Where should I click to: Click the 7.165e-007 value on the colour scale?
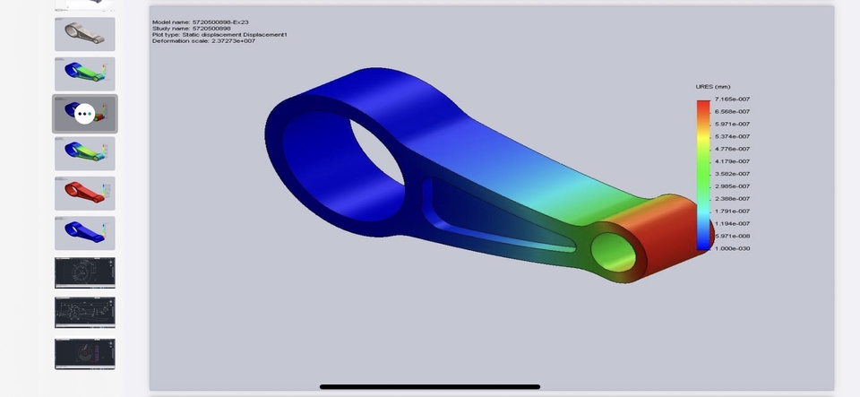coord(732,99)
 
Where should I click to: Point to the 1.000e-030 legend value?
coord(732,248)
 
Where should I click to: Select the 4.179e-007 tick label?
coord(732,161)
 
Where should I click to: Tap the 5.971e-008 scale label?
coord(732,236)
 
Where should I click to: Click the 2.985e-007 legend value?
coord(732,186)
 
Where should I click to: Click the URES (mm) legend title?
coord(713,87)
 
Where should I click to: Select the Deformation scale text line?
coord(203,40)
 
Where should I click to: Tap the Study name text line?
coord(192,28)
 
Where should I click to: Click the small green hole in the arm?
coord(614,253)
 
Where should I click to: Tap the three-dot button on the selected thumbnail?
coord(84,114)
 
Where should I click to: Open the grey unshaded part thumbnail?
coord(84,34)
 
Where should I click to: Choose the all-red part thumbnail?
coord(84,193)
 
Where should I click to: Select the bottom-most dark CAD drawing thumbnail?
coord(84,352)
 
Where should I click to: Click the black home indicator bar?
coord(430,387)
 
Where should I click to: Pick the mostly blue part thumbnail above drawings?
coord(84,233)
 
